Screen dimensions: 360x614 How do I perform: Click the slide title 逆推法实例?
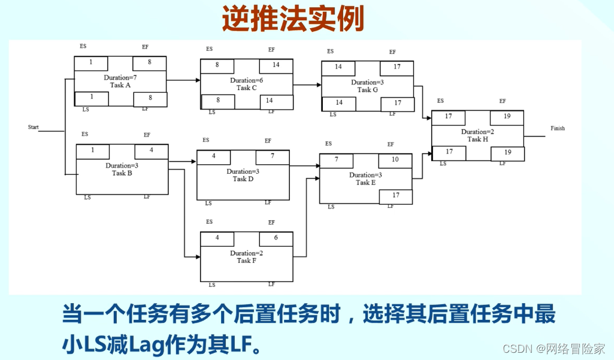pos(293,19)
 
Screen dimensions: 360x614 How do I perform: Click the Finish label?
pos(557,128)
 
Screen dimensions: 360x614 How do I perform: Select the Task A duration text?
pos(120,77)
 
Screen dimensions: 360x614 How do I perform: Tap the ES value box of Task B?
pos(93,151)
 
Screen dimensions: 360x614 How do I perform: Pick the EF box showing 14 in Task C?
pos(276,65)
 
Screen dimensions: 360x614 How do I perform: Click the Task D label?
pos(243,179)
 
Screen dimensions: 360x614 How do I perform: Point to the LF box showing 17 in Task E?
pos(395,196)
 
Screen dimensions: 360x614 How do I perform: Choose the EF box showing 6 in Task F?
pos(276,238)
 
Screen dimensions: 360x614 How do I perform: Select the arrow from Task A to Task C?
pos(183,80)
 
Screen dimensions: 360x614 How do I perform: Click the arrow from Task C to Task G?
pos(307,84)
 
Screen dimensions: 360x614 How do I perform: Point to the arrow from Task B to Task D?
pos(183,161)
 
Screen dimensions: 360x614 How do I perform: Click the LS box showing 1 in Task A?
pos(91,98)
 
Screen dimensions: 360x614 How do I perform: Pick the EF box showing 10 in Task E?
pos(395,160)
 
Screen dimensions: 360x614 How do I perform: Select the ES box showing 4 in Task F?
pos(217,238)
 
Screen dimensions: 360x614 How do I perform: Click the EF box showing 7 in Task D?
pos(272,156)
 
